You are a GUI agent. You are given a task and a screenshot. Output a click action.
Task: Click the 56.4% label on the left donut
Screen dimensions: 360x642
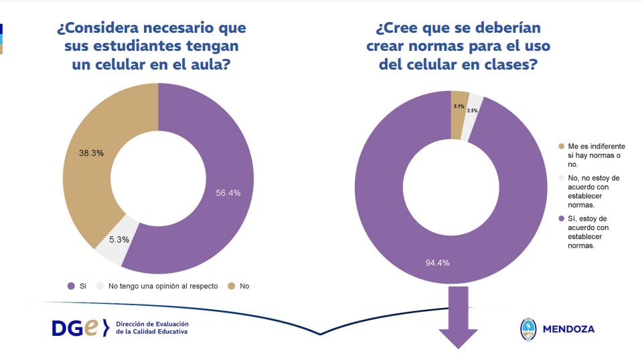click(228, 193)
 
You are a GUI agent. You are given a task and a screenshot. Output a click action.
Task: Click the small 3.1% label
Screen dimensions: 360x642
click(459, 106)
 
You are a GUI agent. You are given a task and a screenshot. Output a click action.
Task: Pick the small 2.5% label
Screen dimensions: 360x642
click(473, 110)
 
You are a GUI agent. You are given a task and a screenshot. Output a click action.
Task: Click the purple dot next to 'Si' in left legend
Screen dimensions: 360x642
click(71, 286)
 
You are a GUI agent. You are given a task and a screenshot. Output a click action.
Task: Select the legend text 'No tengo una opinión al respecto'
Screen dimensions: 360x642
click(163, 286)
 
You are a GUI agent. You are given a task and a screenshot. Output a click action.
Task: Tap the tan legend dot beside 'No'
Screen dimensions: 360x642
click(231, 286)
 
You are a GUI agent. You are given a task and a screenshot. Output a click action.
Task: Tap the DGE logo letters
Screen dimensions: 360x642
click(79, 328)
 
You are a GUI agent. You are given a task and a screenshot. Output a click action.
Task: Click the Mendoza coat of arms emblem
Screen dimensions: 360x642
click(528, 329)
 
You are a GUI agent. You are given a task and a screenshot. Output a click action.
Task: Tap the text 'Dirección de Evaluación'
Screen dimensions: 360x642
click(152, 323)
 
